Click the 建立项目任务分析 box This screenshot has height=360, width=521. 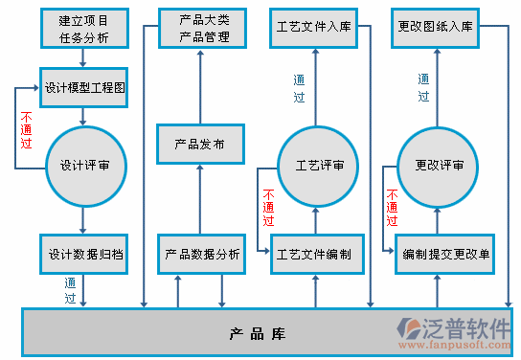83,29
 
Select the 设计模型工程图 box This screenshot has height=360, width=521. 83,87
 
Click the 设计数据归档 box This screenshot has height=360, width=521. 83,254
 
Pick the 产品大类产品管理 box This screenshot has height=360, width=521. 200,29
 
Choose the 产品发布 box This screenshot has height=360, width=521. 200,145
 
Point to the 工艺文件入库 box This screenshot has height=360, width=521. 313,29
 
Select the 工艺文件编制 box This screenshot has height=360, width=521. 313,254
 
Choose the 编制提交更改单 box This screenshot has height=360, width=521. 445,254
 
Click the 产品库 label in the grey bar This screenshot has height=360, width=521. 258,334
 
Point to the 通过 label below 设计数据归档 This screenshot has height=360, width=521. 70,290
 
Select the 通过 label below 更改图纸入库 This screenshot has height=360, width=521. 423,87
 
